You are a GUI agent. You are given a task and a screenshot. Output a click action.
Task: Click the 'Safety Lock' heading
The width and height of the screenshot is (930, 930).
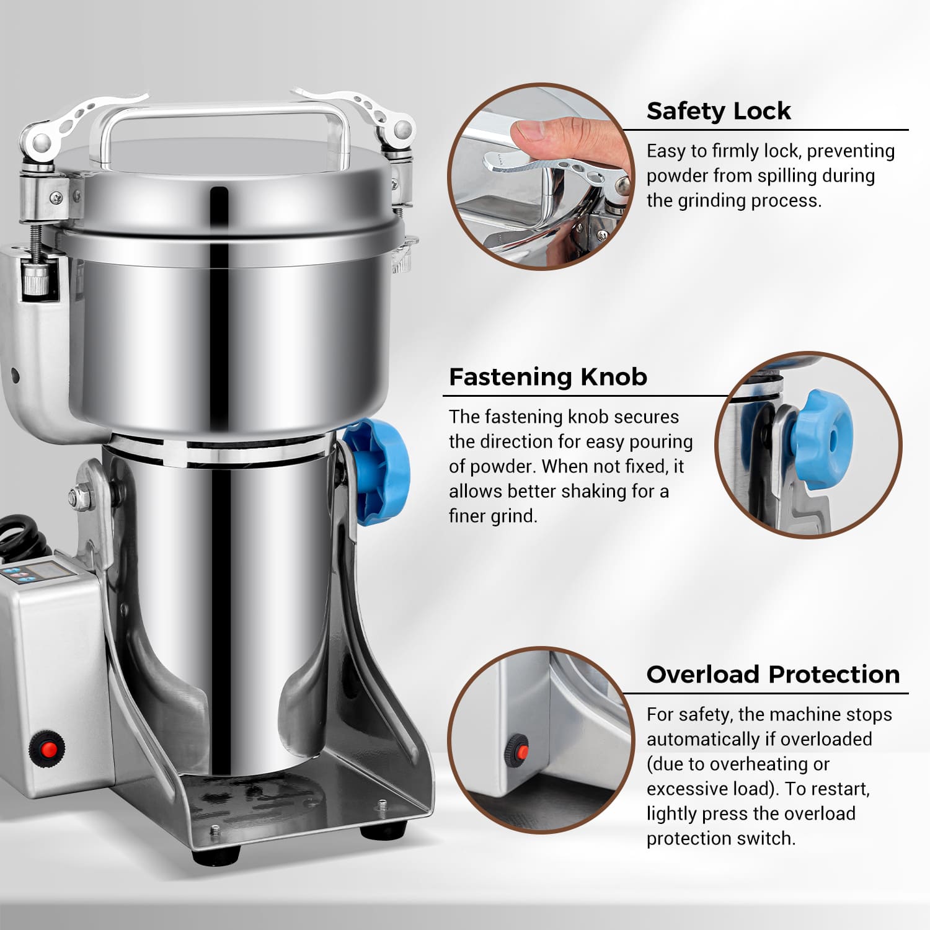click(718, 111)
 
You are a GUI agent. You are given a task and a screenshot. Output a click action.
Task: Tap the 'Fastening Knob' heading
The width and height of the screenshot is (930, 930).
click(547, 377)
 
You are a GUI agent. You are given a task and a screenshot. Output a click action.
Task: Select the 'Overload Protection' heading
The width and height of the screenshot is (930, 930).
click(773, 675)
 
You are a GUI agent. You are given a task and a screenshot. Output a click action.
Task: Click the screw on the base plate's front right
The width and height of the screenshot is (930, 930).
click(381, 805)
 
